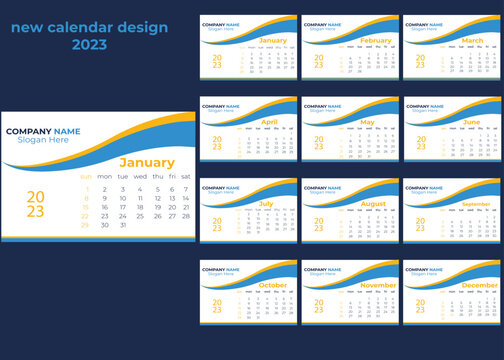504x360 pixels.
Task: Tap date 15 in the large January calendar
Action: (86, 207)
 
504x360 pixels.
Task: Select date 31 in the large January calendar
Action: (123, 225)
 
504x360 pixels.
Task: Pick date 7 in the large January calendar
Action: (186, 189)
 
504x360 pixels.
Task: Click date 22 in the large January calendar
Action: (86, 216)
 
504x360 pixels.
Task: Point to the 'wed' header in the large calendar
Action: (140, 176)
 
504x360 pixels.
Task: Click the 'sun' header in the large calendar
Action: (86, 176)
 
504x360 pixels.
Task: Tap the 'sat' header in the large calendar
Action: (186, 176)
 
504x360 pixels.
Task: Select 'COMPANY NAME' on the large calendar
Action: (43, 131)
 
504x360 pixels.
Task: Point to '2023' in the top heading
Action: (89, 44)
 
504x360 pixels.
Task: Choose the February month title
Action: (375, 41)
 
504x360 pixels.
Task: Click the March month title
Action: (473, 41)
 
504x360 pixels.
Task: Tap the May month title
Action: (367, 122)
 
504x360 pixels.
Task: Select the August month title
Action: (373, 203)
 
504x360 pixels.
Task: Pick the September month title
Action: (477, 203)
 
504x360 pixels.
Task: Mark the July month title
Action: (266, 203)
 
